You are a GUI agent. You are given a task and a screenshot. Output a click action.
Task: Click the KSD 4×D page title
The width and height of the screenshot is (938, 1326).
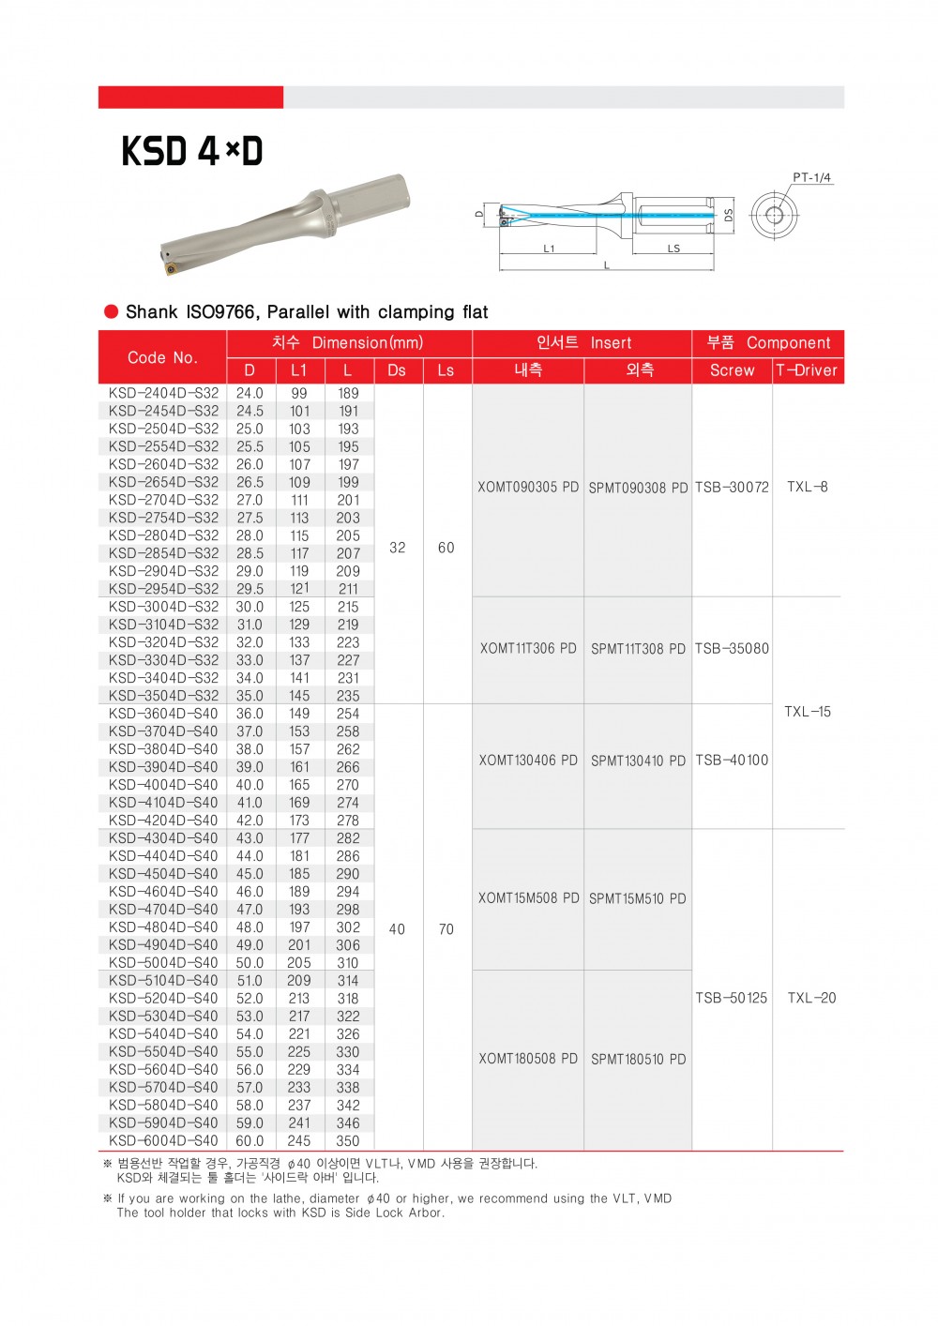(192, 151)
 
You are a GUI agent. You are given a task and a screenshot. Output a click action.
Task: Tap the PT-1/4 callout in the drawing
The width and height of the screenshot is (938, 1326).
(811, 177)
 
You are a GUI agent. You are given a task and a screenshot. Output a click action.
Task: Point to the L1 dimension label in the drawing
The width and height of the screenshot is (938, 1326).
(549, 249)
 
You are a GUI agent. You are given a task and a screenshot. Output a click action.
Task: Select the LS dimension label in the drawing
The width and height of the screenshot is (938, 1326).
(673, 249)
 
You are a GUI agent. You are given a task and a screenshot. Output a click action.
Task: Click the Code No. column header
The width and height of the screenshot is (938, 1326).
(162, 357)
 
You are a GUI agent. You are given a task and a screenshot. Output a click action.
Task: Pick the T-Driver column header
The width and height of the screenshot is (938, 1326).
(807, 370)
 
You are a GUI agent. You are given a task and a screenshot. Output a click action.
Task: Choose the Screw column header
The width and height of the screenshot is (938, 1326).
(732, 370)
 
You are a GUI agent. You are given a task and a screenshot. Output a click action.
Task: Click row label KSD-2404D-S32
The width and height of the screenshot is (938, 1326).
(163, 393)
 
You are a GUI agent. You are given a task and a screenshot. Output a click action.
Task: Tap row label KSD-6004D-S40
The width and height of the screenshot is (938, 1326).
(163, 1140)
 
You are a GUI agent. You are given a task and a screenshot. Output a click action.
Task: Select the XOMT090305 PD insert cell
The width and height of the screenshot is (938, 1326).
(528, 487)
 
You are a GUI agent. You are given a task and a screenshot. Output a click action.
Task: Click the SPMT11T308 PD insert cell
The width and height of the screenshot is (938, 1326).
(638, 649)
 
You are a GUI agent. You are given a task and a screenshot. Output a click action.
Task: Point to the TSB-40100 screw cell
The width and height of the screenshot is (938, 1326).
(732, 760)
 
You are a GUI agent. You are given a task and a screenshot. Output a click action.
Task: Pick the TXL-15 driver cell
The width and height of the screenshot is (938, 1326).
(808, 712)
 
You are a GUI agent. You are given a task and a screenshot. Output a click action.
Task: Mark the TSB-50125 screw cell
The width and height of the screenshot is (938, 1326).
(732, 998)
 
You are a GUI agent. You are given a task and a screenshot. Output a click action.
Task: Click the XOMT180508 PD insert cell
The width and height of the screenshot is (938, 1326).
(528, 1059)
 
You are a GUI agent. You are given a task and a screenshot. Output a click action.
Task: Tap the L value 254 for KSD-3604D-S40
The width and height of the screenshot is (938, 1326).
(348, 714)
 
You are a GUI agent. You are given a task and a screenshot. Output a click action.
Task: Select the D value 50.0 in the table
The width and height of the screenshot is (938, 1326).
(250, 963)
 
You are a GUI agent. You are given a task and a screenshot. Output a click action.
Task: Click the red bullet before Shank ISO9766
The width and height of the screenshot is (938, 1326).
(112, 311)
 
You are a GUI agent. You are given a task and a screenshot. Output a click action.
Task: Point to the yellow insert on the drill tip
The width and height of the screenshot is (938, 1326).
(172, 269)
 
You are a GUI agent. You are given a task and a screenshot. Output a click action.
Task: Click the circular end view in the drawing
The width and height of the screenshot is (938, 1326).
(773, 215)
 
